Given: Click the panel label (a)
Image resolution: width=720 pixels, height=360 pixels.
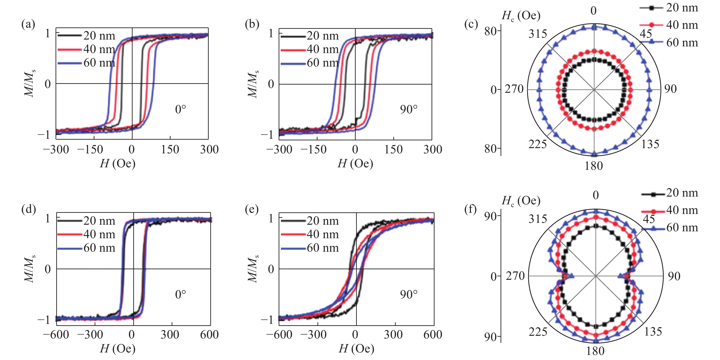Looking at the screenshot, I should click(x=28, y=25).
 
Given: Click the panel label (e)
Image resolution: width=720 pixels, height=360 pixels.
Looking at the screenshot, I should click(x=252, y=209).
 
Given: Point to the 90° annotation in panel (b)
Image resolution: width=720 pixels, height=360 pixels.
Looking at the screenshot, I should click(x=409, y=109).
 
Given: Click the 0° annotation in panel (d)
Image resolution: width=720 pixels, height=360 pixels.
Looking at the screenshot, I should click(x=180, y=294).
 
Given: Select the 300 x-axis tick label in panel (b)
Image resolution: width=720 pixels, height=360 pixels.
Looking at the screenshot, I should click(x=432, y=149).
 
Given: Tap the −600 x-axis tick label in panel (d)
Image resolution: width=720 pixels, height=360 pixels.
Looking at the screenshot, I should click(x=56, y=335).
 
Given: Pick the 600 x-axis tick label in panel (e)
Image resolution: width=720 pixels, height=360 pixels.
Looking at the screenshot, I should click(x=432, y=335).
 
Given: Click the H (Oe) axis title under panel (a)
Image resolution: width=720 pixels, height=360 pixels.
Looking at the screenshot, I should click(x=117, y=163).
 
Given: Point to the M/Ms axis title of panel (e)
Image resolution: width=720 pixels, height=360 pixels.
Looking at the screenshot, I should click(x=253, y=269).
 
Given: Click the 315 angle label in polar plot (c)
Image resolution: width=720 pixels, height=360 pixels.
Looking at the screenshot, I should click(x=537, y=34).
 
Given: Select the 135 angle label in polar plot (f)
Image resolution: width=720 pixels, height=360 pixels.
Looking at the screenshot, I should click(x=653, y=332).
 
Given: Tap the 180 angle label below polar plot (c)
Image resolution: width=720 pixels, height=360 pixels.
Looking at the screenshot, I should click(x=594, y=166).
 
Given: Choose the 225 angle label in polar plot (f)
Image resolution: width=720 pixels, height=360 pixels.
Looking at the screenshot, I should click(x=537, y=332).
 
